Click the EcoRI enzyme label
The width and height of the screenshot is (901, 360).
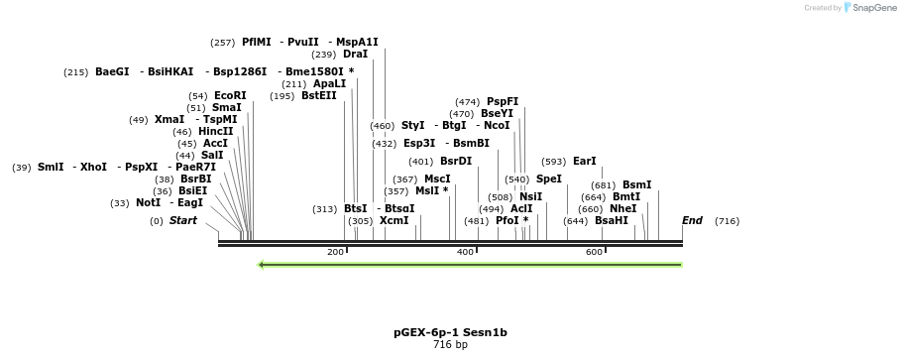click(230, 95)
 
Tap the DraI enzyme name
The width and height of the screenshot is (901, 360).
click(355, 54)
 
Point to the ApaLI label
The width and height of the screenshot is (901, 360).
click(329, 83)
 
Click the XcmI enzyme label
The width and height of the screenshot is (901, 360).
click(394, 220)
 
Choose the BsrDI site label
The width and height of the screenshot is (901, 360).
click(456, 161)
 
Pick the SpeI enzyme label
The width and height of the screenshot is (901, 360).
click(548, 179)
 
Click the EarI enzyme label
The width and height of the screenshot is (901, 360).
click(584, 161)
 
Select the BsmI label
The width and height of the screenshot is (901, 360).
click(636, 184)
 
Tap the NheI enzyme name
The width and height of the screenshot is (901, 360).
click(622, 208)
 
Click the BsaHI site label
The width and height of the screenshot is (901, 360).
click(611, 220)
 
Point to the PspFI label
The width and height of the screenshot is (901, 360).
click(502, 101)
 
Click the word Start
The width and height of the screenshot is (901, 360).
click(182, 220)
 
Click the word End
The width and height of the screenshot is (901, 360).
click(692, 220)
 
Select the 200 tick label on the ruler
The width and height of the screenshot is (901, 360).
click(336, 252)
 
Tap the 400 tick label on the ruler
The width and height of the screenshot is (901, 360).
click(465, 252)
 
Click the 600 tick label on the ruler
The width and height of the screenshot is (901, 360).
click(595, 252)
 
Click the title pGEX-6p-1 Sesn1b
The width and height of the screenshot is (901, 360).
click(450, 332)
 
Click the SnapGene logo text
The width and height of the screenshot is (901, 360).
click(868, 7)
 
